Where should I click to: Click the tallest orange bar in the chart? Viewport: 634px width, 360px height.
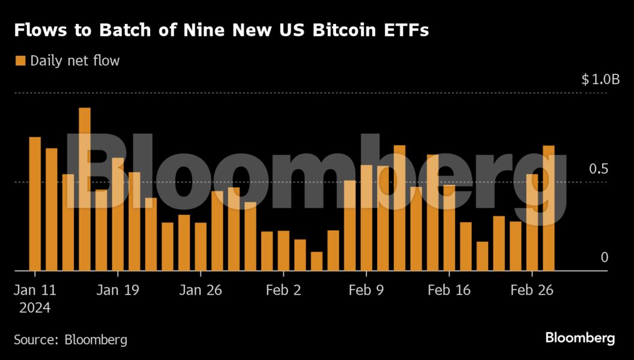[x=85, y=189]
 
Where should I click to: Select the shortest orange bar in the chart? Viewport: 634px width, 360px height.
[x=316, y=261]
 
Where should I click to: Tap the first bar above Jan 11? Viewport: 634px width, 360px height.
[x=35, y=204]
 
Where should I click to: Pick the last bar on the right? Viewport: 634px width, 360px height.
[x=549, y=208]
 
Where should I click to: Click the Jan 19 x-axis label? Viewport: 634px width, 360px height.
[x=118, y=290]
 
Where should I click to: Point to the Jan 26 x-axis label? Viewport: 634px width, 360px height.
[x=201, y=290]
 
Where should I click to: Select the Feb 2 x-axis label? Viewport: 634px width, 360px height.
[x=283, y=290]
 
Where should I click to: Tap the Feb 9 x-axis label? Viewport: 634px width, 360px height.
[x=366, y=290]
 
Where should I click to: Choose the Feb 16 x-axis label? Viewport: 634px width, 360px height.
[x=448, y=290]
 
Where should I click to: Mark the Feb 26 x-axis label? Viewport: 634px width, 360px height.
[x=531, y=290]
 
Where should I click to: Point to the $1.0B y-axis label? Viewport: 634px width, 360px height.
[x=600, y=79]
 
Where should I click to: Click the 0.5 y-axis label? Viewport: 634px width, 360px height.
[x=599, y=169]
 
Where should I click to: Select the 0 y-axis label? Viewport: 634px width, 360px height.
[x=604, y=257]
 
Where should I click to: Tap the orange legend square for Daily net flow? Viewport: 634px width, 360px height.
[x=20, y=61]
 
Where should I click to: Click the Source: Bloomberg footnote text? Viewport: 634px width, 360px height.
[x=71, y=340]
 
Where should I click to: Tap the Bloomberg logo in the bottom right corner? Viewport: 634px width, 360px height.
[x=580, y=338]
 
